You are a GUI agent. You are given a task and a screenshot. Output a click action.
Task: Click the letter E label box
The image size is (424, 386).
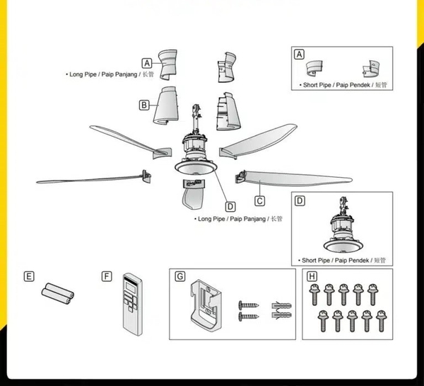[29, 276]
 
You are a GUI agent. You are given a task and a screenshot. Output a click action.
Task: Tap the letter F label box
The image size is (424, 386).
[107, 276]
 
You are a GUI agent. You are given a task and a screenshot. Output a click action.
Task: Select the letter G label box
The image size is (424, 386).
[179, 276]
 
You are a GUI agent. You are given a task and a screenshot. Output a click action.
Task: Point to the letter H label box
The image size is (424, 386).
[312, 276]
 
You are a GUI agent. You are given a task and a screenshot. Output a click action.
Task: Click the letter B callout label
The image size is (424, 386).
[144, 105]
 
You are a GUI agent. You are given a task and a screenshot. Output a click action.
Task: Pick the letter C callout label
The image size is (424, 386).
[259, 190]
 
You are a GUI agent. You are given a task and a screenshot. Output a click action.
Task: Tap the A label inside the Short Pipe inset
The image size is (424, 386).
[299, 55]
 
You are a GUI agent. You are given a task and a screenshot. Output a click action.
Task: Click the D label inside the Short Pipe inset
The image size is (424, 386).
[300, 201]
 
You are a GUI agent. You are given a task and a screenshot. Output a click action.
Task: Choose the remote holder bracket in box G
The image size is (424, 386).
[206, 306]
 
